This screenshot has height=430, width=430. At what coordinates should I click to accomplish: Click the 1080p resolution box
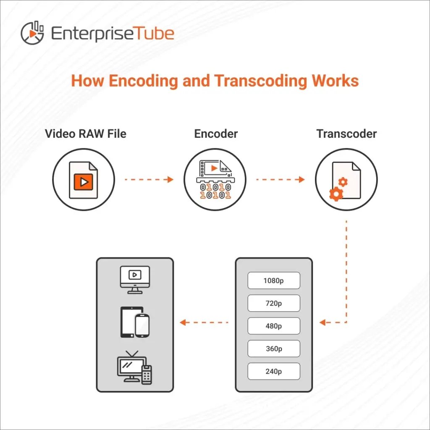(x=274, y=281)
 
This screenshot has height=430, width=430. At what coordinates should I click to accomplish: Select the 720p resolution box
(x=274, y=303)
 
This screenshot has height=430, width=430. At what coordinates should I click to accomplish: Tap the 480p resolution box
(x=274, y=326)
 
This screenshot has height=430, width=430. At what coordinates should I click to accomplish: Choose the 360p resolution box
(x=274, y=349)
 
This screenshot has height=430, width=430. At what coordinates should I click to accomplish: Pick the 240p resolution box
(x=274, y=371)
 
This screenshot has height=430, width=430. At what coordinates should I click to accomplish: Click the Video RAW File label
(x=86, y=134)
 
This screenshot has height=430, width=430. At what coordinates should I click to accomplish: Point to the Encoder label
(x=216, y=134)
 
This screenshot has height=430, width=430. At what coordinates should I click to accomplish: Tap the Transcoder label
(x=346, y=134)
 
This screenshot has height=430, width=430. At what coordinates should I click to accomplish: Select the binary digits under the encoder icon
(x=215, y=191)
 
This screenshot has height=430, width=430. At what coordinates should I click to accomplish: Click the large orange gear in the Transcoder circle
(x=336, y=194)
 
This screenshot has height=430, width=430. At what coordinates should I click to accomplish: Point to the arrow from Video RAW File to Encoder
(x=149, y=179)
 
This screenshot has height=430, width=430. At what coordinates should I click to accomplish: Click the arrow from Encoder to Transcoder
(x=280, y=179)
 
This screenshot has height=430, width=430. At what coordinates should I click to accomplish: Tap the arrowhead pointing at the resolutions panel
(x=322, y=322)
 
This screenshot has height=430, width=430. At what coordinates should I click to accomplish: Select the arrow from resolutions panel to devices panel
(x=204, y=322)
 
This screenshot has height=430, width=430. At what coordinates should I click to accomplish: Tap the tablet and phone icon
(x=135, y=322)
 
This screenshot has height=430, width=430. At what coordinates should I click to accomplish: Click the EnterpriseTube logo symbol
(x=32, y=32)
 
